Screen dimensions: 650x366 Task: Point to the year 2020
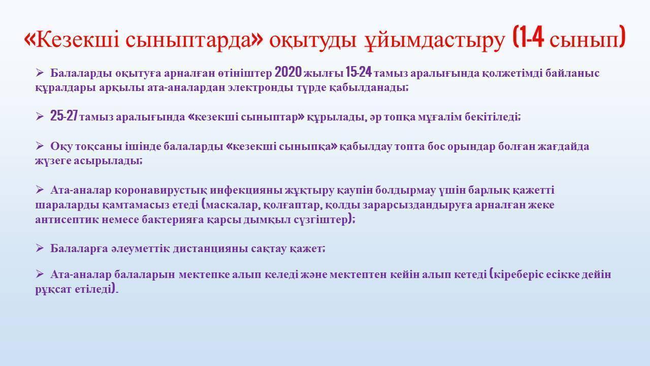click(288, 72)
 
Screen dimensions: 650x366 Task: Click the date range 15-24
click(359, 72)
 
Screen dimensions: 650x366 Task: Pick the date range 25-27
click(64, 115)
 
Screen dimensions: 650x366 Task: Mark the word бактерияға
click(173, 220)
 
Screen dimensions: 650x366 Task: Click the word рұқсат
click(53, 290)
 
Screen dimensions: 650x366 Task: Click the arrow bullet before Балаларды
click(40, 72)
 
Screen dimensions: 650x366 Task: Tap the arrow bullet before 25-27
click(40, 117)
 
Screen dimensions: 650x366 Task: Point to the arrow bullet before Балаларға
click(40, 248)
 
